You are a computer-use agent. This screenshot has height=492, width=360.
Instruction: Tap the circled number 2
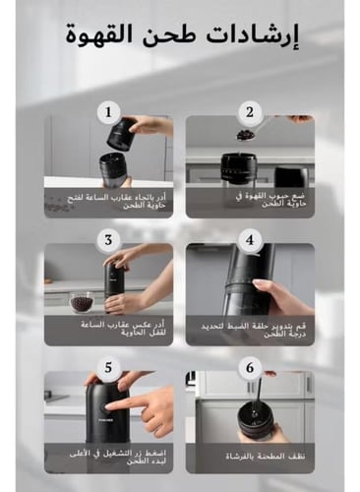(x=250, y=112)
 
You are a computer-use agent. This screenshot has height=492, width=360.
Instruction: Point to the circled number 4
(x=250, y=240)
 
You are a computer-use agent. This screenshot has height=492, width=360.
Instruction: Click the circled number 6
(x=250, y=368)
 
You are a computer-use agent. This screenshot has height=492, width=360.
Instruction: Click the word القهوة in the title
(x=104, y=37)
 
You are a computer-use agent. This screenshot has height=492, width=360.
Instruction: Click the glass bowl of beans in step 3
(x=81, y=302)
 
